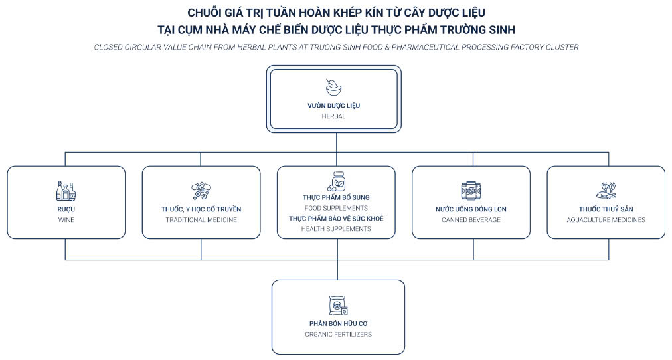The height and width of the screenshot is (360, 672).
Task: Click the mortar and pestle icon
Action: (x=333, y=88)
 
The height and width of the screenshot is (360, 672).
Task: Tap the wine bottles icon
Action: (x=66, y=191)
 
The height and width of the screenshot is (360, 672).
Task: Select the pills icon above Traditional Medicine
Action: (x=201, y=191)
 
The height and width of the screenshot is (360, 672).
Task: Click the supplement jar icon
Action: (x=337, y=181)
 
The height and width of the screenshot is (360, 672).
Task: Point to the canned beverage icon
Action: (x=471, y=191)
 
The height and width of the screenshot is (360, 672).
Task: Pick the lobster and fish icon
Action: (x=606, y=190)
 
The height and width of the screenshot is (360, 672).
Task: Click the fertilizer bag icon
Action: (x=338, y=305)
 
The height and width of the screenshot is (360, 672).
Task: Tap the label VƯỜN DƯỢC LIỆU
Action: (x=334, y=106)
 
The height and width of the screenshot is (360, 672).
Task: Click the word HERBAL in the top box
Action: (x=333, y=116)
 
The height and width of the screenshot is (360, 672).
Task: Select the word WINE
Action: (x=66, y=220)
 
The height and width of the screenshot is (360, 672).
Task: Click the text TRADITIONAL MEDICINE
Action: (x=201, y=220)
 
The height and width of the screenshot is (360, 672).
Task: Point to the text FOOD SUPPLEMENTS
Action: (x=336, y=209)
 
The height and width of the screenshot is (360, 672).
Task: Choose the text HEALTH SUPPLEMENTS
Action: (x=336, y=229)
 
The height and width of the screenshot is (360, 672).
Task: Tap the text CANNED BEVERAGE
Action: (x=471, y=220)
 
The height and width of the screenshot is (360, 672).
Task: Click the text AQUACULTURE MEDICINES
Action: (x=606, y=220)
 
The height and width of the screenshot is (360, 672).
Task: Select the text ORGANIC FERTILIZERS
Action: (x=339, y=334)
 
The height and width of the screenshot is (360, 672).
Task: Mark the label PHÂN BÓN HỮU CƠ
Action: (x=339, y=323)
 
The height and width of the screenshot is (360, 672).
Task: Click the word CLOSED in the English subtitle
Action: (x=108, y=47)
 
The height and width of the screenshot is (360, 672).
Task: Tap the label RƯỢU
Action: (x=66, y=209)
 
